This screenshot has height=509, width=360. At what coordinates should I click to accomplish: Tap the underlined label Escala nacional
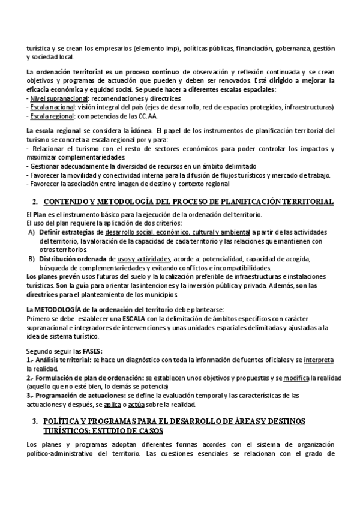point(53,106)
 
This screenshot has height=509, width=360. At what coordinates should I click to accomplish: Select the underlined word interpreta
point(319,359)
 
